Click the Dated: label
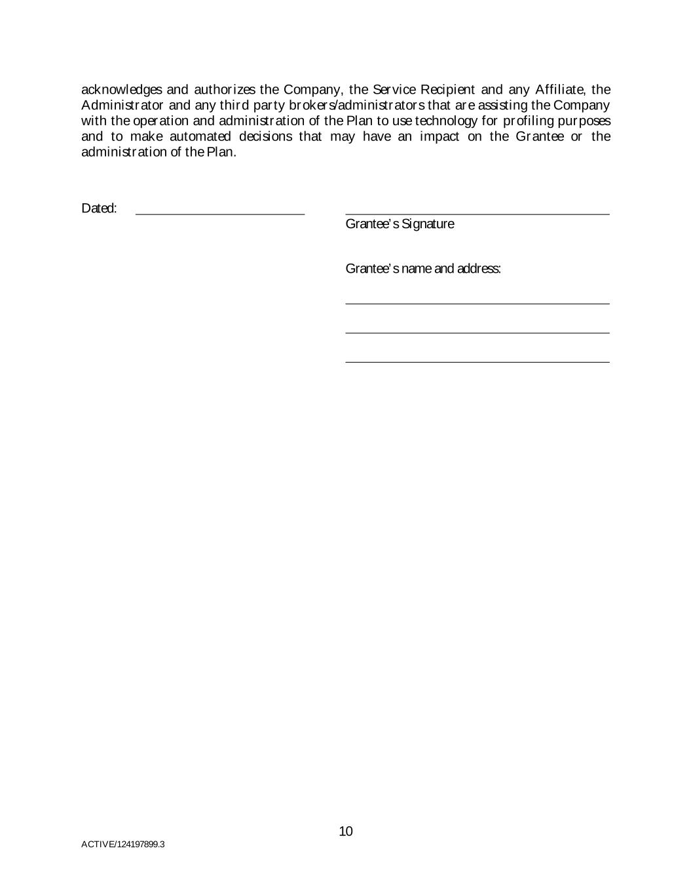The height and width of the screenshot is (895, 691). (99, 209)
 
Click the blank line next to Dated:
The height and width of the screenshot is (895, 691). (220, 213)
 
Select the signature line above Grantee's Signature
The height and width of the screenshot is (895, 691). (477, 213)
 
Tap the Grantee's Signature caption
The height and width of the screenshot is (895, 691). (400, 224)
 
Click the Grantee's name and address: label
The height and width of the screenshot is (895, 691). (423, 269)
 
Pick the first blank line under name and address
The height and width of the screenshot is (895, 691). (477, 303)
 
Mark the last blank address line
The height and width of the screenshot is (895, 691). (477, 361)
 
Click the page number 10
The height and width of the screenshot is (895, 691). (346, 832)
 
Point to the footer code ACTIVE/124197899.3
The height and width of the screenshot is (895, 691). (122, 845)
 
